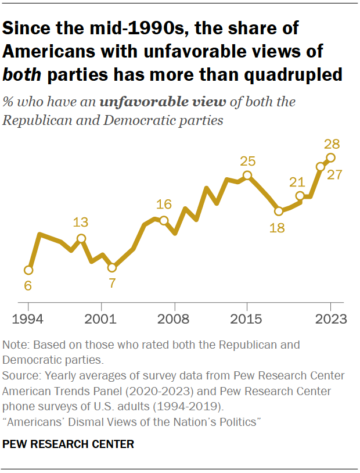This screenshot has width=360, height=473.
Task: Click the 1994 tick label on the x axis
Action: [28, 319]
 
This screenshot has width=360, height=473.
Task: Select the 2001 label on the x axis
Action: [101, 319]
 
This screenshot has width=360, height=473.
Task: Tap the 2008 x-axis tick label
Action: [174, 319]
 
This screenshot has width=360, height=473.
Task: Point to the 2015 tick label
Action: [247, 319]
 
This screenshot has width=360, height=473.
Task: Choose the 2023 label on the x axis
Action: [330, 319]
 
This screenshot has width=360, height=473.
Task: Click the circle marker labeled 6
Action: [28, 270]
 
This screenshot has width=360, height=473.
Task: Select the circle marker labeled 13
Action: [81, 238]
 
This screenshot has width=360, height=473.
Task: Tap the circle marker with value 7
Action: [112, 268]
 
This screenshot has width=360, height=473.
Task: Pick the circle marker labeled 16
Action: [164, 220]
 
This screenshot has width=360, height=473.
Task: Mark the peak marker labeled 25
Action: [247, 175]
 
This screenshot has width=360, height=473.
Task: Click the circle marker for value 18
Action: [278, 211]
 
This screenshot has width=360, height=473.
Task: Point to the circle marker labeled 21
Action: [300, 196]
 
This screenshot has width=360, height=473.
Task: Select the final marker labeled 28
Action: [330, 157]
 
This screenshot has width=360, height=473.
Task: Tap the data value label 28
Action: [332, 144]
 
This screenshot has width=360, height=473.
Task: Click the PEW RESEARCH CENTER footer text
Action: [69, 445]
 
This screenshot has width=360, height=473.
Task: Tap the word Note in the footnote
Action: [14, 345]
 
